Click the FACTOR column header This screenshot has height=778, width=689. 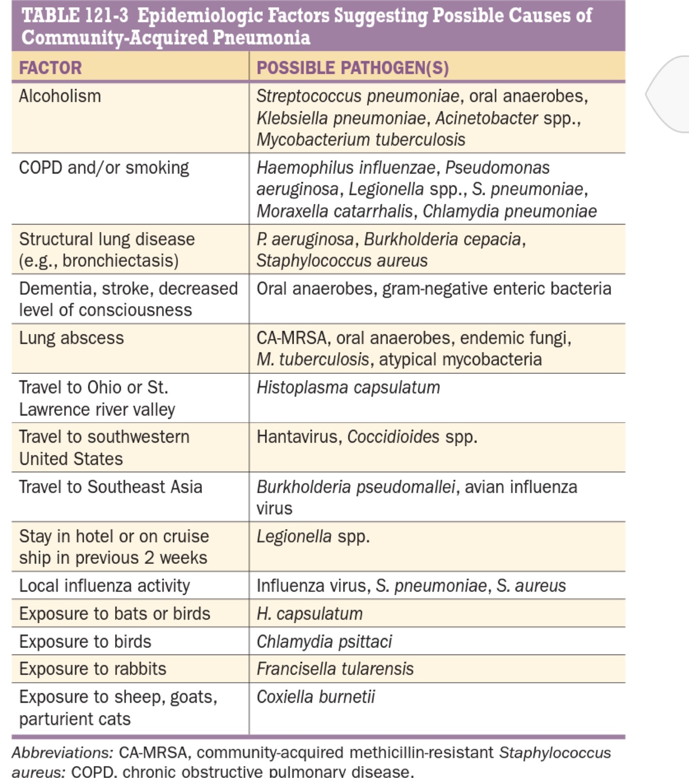pyautogui.click(x=50, y=68)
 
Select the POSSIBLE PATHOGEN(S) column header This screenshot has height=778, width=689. pyautogui.click(x=352, y=68)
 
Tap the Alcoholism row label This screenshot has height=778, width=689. pyautogui.click(x=60, y=96)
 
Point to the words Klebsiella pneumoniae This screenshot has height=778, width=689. pyautogui.click(x=341, y=118)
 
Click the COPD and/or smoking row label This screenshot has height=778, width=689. pyautogui.click(x=104, y=168)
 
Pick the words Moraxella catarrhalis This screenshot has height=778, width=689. pyautogui.click(x=335, y=211)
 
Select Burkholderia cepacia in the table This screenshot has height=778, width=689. pyautogui.click(x=443, y=239)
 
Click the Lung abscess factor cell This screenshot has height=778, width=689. pyautogui.click(x=71, y=338)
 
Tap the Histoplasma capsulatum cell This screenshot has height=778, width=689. pyautogui.click(x=348, y=387)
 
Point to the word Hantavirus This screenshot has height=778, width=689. pyautogui.click(x=297, y=437)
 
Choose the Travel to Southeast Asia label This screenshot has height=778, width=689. pyautogui.click(x=111, y=487)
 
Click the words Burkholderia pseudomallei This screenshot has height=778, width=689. pyautogui.click(x=356, y=487)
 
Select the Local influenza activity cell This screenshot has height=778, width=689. pyautogui.click(x=104, y=586)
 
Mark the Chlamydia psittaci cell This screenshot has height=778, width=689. pyautogui.click(x=324, y=642)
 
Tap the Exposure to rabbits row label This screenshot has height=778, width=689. pyautogui.click(x=92, y=669)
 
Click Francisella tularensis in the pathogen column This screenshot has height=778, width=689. pyautogui.click(x=335, y=669)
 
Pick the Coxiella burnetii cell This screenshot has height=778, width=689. pyautogui.click(x=316, y=697)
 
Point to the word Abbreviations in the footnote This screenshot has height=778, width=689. pyautogui.click(x=62, y=753)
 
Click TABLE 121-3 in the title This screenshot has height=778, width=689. pyautogui.click(x=75, y=15)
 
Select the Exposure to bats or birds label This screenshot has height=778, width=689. pyautogui.click(x=115, y=614)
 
